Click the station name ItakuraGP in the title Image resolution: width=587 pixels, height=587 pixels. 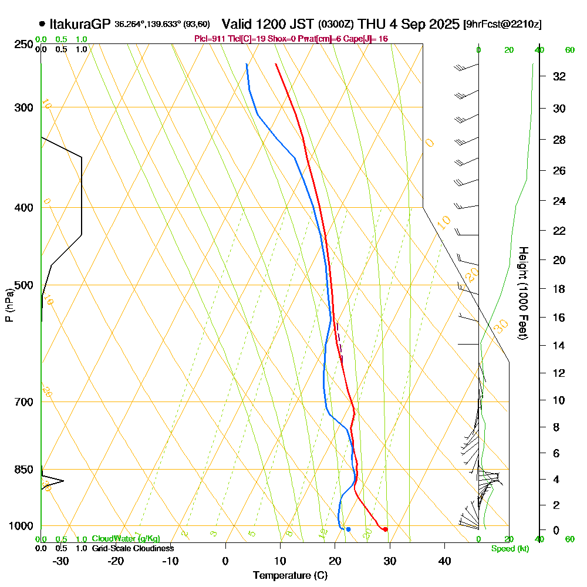[x=79, y=24]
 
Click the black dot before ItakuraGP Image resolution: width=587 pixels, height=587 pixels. [x=42, y=24]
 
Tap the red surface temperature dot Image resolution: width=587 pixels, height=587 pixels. [x=385, y=529]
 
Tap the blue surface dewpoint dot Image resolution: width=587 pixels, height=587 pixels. [x=348, y=529]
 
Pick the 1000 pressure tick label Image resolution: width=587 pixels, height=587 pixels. [x=20, y=526]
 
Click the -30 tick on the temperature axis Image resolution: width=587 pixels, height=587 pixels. [x=61, y=561]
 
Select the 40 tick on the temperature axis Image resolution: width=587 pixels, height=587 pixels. [x=444, y=561]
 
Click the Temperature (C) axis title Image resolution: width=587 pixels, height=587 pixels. [x=290, y=576]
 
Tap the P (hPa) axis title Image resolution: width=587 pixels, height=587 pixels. [x=9, y=305]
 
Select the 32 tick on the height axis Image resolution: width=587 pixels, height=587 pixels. [x=559, y=76]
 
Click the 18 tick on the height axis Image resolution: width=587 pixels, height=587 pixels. [x=559, y=289]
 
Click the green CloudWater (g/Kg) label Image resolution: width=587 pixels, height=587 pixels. [x=126, y=539]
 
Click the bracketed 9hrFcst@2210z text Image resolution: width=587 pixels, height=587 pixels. [x=502, y=25]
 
